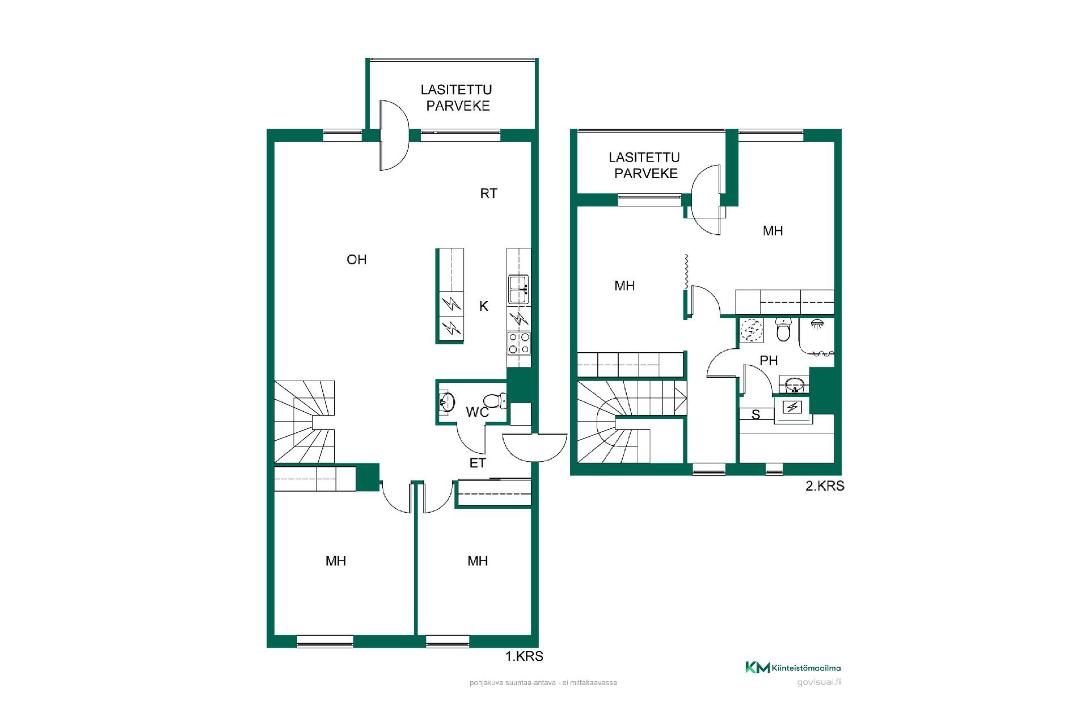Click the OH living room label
(x=357, y=260)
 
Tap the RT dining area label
(x=488, y=193)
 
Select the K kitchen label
(x=484, y=306)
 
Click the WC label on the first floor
(x=478, y=412)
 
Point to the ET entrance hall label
(x=478, y=463)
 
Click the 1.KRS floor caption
(x=524, y=656)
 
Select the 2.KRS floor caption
(x=825, y=486)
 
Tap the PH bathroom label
(x=769, y=361)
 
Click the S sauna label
(x=755, y=415)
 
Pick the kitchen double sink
(x=519, y=289)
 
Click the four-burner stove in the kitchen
(x=519, y=343)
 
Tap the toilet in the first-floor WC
(x=495, y=401)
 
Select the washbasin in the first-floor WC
(x=447, y=402)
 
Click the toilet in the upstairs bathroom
(x=783, y=330)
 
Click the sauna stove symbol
(x=792, y=407)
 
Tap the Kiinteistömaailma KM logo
(x=793, y=668)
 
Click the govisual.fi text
(x=818, y=682)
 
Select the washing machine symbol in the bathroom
(x=752, y=331)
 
